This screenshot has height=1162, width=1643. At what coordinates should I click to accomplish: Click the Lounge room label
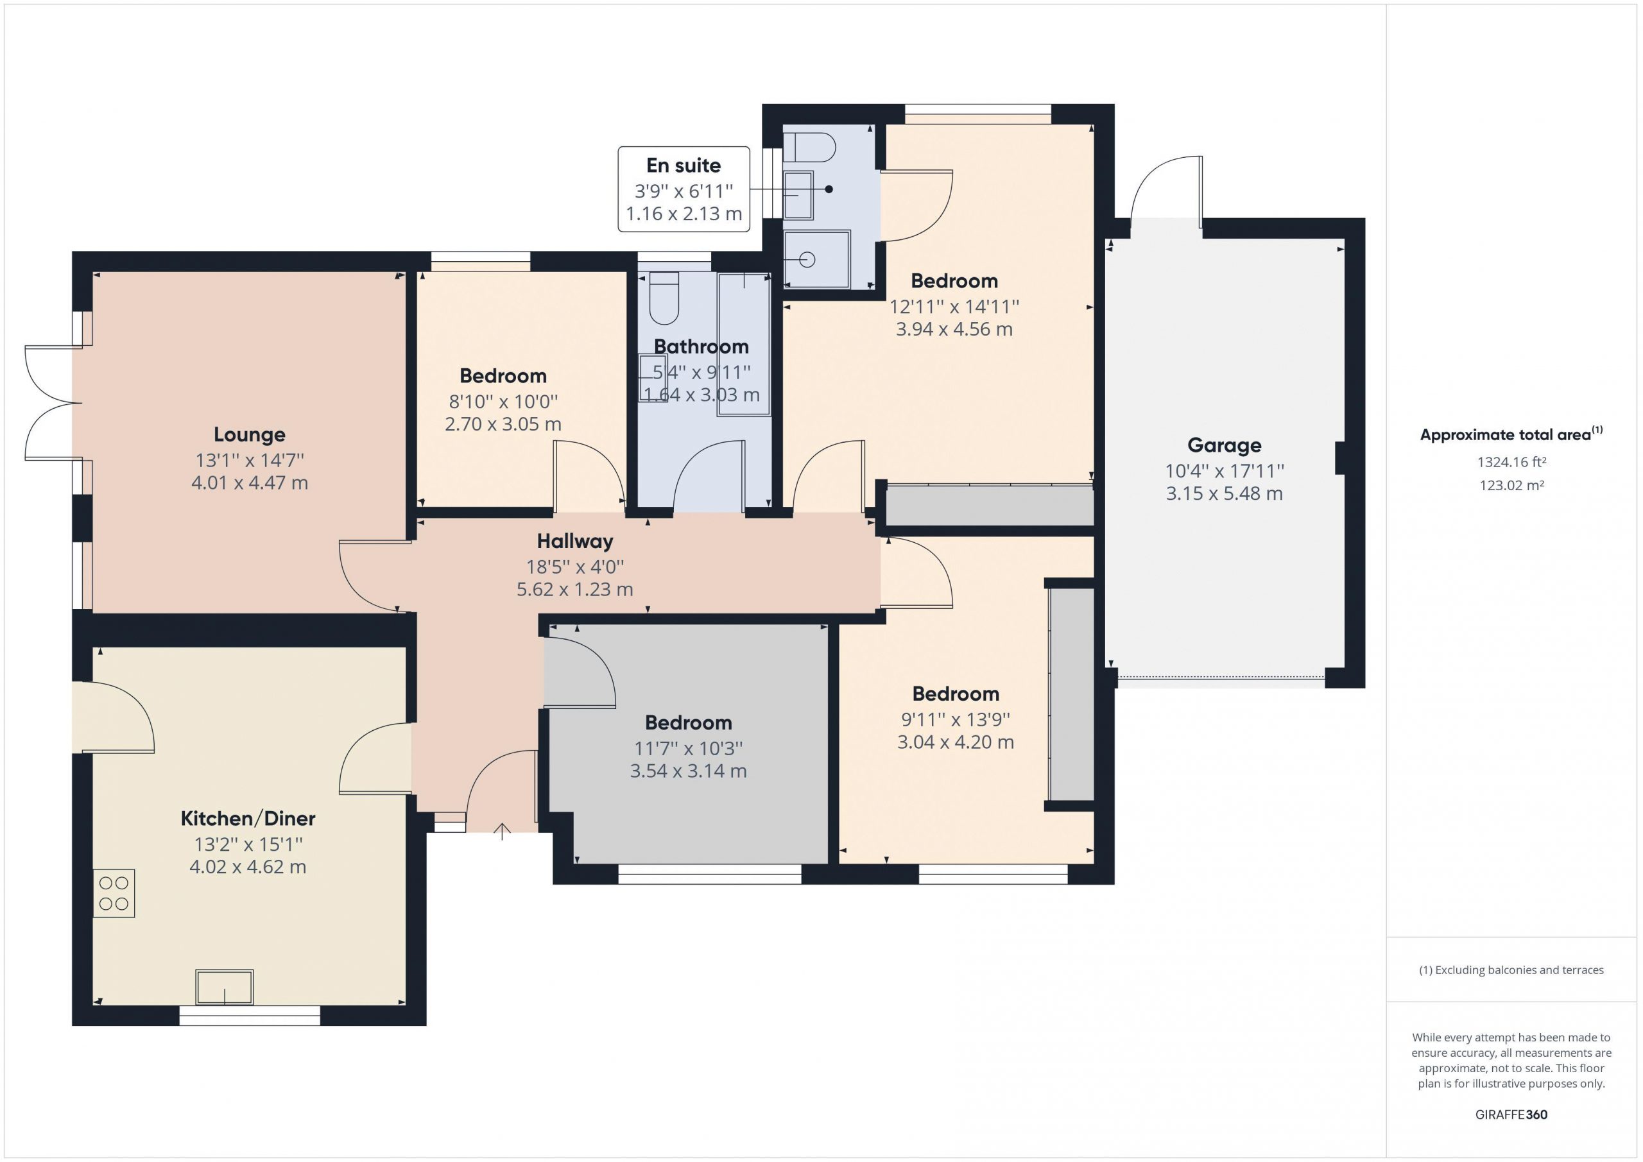pos(249,434)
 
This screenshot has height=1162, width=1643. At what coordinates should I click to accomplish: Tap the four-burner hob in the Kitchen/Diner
pos(114,893)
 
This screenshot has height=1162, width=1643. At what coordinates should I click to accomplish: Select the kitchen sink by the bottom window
pos(225,987)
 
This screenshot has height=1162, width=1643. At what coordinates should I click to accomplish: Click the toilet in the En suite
pos(809,148)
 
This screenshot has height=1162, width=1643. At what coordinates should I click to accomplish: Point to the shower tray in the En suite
pos(816,259)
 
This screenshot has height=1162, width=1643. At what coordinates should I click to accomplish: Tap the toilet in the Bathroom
pos(664,298)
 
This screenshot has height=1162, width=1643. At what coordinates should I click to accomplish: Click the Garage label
pos(1225,445)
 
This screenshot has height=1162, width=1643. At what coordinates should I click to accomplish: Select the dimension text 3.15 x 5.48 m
pos(1225,493)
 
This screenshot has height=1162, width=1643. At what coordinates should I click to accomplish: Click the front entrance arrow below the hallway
pos(503,832)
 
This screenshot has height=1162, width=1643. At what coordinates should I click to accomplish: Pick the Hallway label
pos(574,541)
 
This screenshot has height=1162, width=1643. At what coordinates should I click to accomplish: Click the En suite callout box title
pos(684,166)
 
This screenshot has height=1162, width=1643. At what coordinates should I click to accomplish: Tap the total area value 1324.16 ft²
pos(1512,462)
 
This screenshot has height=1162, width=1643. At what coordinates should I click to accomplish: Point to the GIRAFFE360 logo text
pos(1511,1114)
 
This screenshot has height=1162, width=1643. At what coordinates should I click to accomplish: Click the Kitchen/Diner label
pos(248,818)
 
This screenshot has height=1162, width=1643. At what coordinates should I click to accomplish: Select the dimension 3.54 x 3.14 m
pos(689,771)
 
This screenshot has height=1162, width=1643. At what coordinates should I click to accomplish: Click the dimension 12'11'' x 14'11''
pos(954,307)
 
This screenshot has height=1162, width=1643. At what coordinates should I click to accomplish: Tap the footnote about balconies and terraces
pos(1511,970)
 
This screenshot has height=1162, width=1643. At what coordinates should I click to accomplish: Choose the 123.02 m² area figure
pos(1512,485)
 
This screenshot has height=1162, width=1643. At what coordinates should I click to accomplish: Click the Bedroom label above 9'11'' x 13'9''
pos(956,694)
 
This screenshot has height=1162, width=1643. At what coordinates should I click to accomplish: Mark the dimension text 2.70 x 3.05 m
pos(503,424)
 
